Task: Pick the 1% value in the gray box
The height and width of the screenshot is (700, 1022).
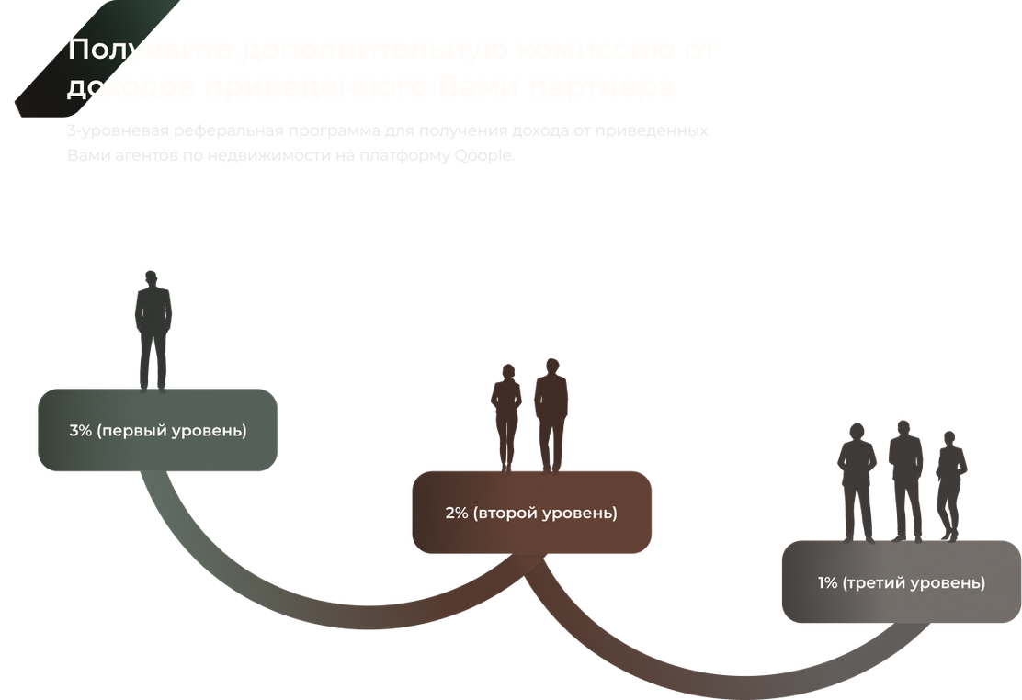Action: coord(827,582)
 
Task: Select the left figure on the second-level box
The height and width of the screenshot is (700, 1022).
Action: coord(506,413)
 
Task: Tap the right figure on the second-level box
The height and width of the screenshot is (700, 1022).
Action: coord(551,412)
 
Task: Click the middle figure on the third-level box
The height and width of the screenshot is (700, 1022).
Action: coord(905,478)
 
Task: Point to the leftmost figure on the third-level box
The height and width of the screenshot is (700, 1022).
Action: coord(857,480)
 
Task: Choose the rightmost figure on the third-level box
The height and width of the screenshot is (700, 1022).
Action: coord(949,483)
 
